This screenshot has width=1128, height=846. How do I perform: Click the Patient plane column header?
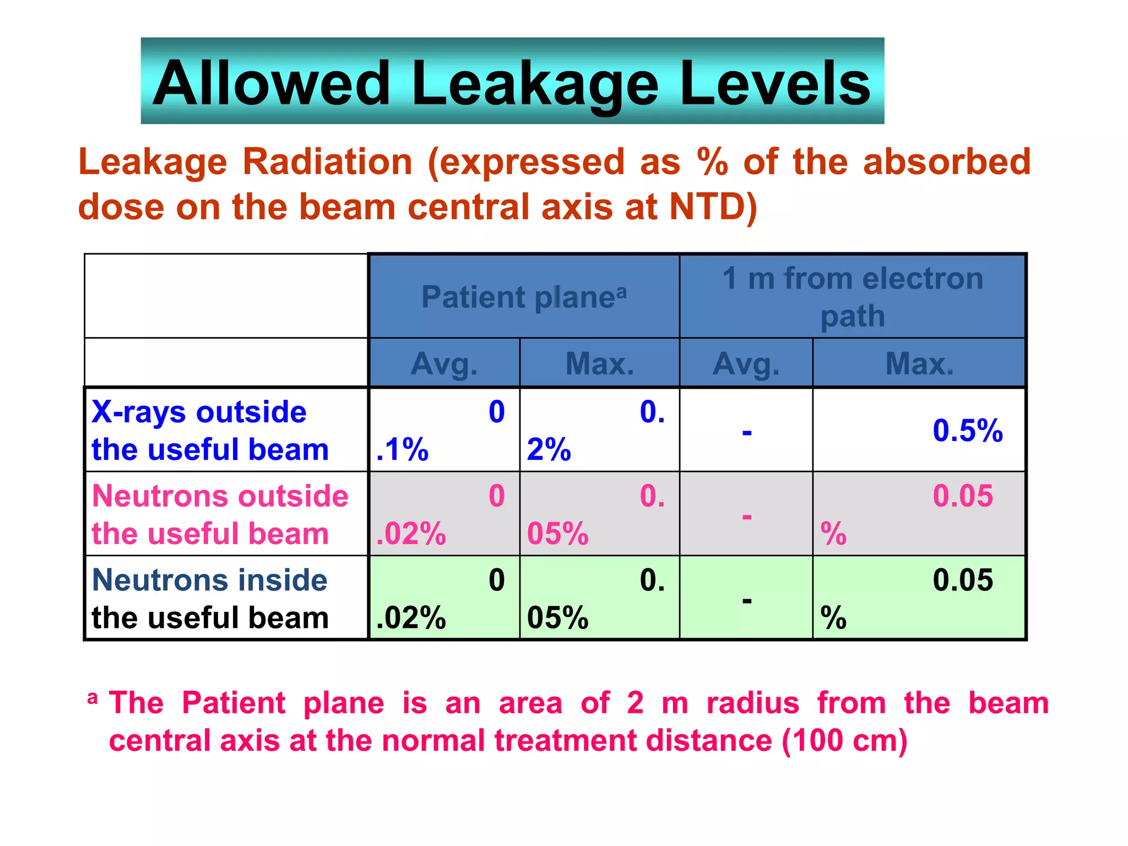pyautogui.click(x=524, y=297)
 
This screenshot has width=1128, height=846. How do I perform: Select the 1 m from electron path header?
pyautogui.click(x=853, y=297)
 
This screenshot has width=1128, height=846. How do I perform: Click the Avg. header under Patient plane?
pyautogui.click(x=444, y=364)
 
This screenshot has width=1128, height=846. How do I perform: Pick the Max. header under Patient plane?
pyautogui.click(x=600, y=364)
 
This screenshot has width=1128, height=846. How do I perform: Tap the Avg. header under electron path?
pyautogui.click(x=746, y=364)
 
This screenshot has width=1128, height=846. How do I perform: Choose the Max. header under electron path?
pyautogui.click(x=919, y=364)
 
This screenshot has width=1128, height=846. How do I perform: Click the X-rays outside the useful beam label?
pyautogui.click(x=209, y=430)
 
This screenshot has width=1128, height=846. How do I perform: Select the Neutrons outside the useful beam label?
pyautogui.click(x=220, y=514)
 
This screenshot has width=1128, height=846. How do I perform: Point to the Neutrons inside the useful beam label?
pyautogui.click(x=209, y=599)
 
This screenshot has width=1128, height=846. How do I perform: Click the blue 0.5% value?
pyautogui.click(x=967, y=430)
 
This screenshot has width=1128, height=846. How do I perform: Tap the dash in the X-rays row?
pyautogui.click(x=747, y=432)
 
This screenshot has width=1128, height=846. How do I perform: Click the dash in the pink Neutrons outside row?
pyautogui.click(x=747, y=517)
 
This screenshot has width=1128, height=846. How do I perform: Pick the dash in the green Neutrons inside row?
pyautogui.click(x=747, y=600)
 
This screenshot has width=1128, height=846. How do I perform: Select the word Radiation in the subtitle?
pyautogui.click(x=327, y=162)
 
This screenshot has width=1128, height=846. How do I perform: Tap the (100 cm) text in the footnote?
pyautogui.click(x=844, y=740)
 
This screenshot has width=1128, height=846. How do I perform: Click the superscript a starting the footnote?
pyautogui.click(x=93, y=698)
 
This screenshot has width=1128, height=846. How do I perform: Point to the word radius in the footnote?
pyautogui.click(x=752, y=703)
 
